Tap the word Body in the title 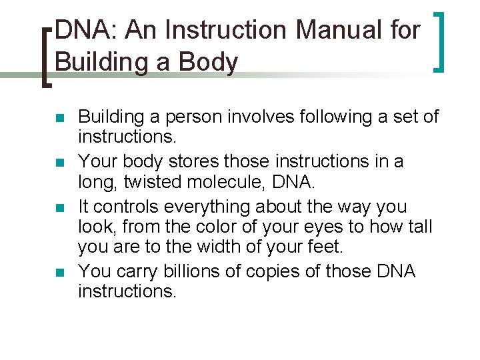[212, 62]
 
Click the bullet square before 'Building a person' [59, 119]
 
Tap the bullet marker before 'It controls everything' [59, 208]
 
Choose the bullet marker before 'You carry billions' [59, 273]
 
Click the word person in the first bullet [203, 117]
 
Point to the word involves [277, 117]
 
